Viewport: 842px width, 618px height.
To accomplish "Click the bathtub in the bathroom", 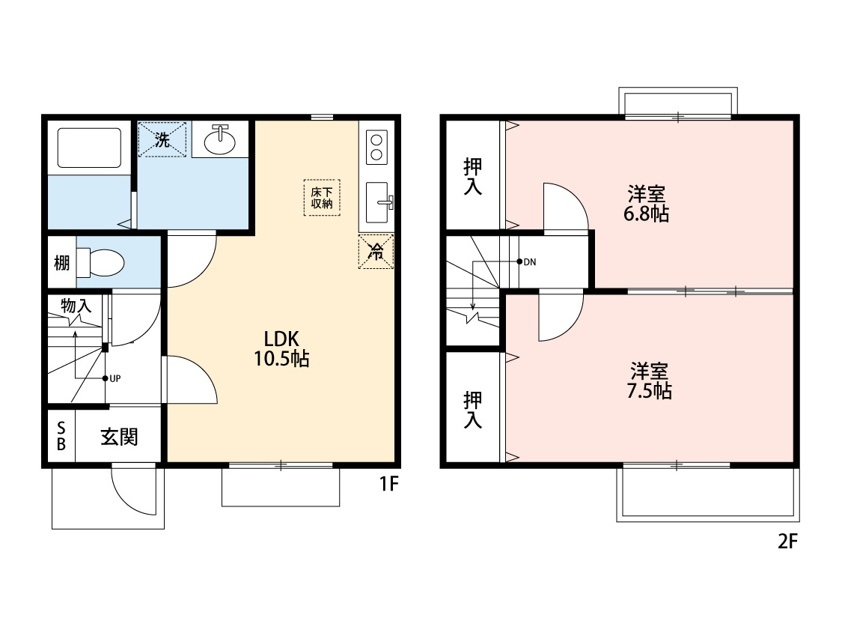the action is [89, 148].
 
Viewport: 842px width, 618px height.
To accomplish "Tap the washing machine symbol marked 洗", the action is [162, 140].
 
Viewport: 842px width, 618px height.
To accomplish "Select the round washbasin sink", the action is [219, 141].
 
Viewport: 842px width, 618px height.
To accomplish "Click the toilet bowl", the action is [101, 263].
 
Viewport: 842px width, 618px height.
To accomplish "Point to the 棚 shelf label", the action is [62, 264].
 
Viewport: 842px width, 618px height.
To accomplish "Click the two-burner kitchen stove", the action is [376, 148].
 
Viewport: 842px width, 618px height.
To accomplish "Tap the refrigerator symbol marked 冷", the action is [376, 252].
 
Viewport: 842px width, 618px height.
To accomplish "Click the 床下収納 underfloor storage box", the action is [322, 198].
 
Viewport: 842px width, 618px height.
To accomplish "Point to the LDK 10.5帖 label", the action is [281, 349].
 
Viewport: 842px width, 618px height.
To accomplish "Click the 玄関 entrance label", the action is [119, 437].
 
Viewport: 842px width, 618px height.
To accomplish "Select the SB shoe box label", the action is [61, 437].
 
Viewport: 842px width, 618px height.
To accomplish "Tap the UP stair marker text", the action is [115, 378].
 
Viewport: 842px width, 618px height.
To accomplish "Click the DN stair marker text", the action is [529, 262].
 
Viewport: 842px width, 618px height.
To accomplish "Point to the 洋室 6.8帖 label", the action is [647, 204].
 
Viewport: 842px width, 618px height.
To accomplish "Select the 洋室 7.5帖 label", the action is [649, 381].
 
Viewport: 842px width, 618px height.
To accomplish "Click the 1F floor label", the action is [389, 484].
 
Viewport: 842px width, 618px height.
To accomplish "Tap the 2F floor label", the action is [788, 541].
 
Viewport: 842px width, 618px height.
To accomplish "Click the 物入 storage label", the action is [76, 306].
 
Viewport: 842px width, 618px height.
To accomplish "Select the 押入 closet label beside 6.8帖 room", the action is [473, 176].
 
